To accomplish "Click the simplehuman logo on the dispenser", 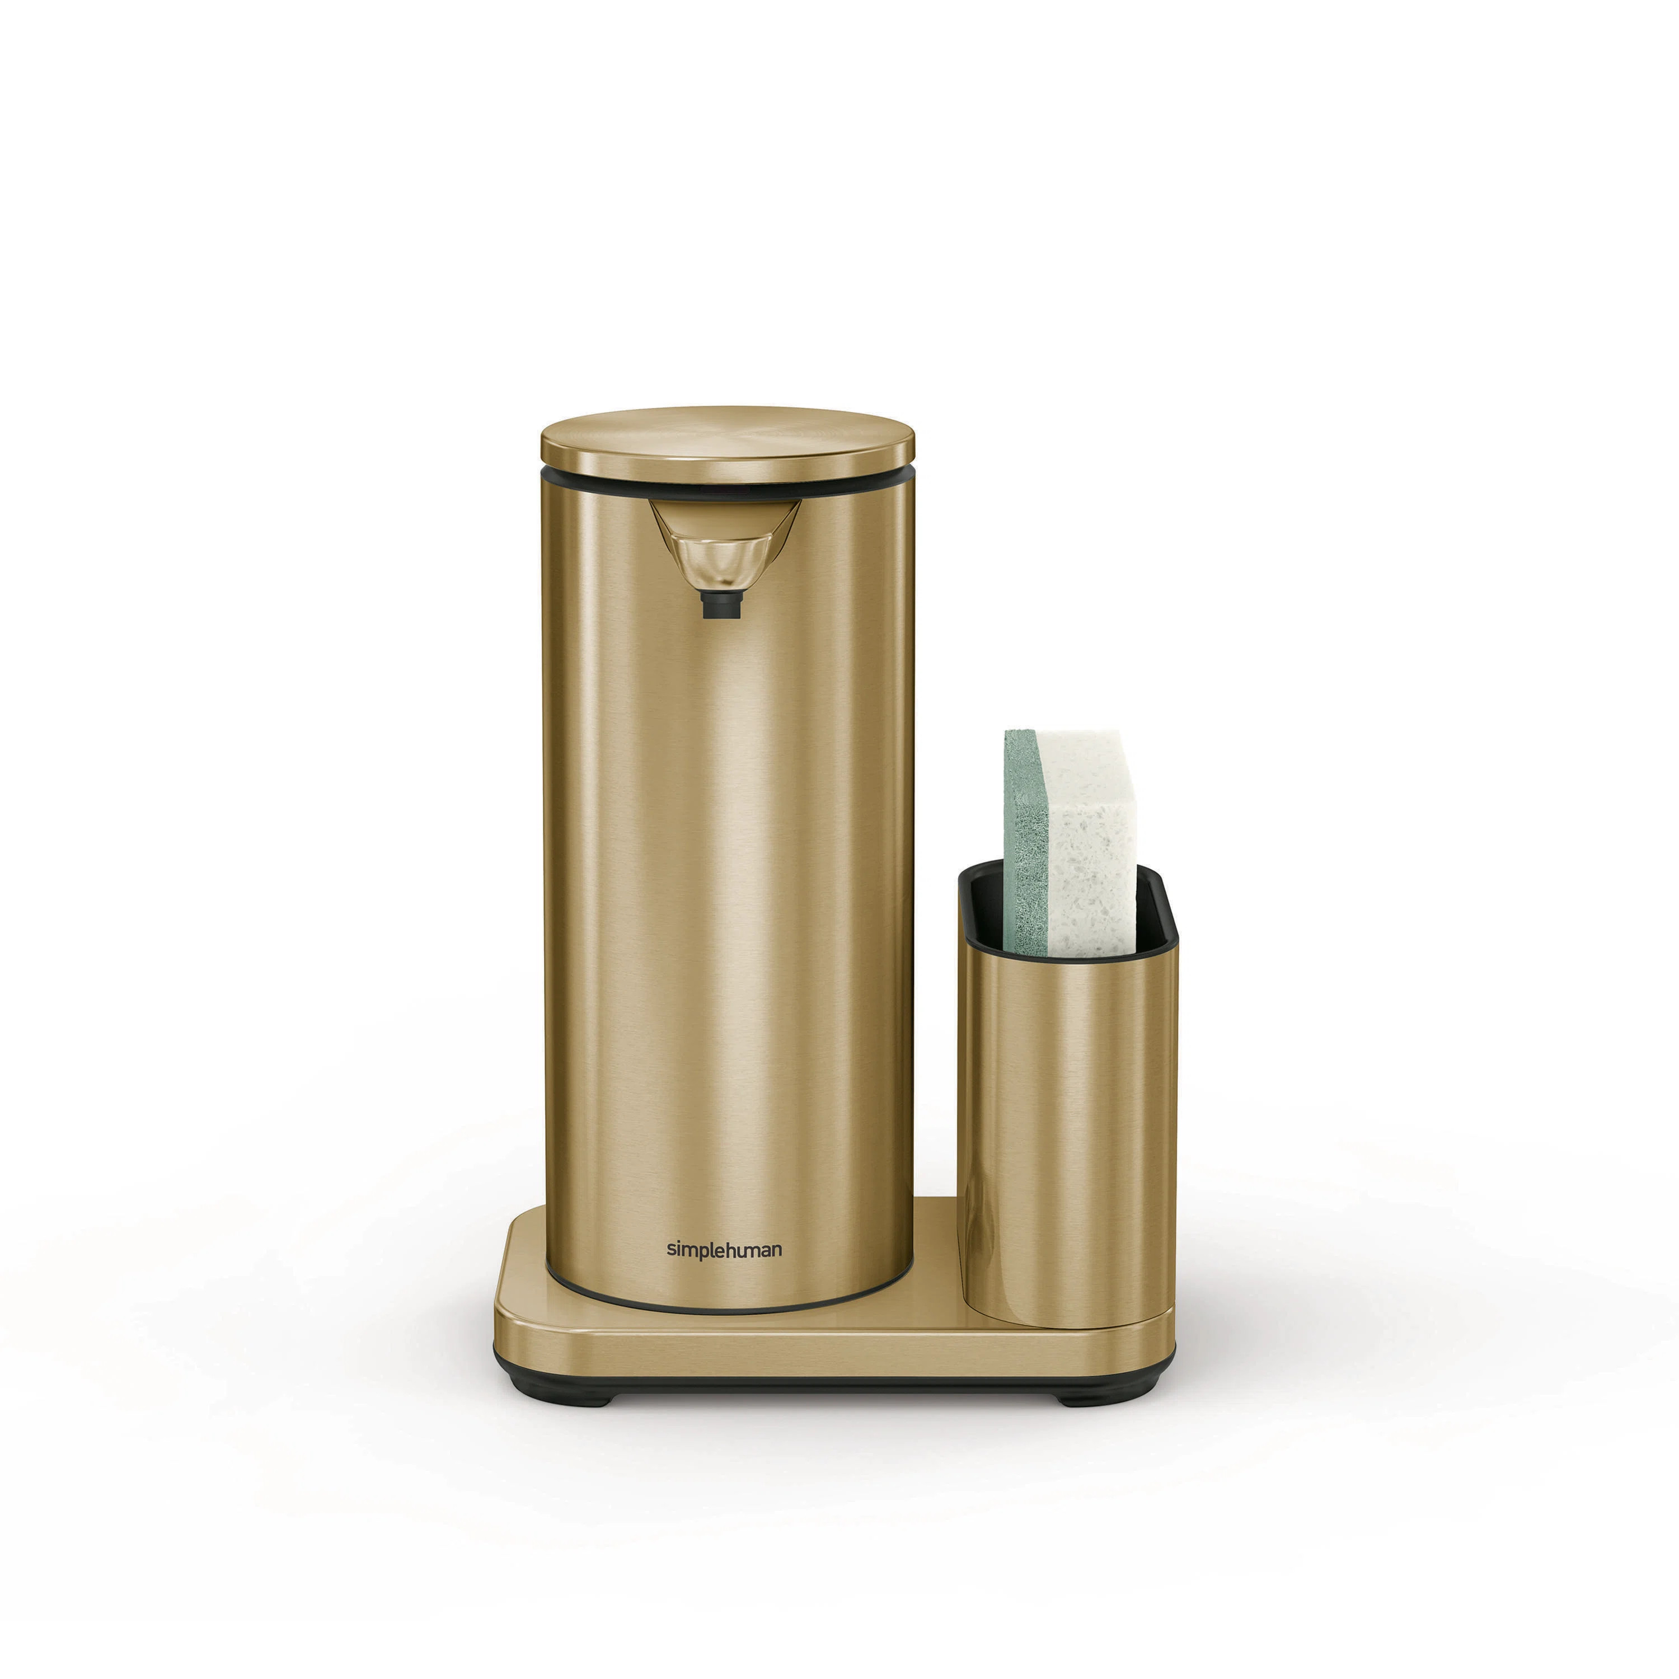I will click(724, 1250).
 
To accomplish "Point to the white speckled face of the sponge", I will click(1091, 869).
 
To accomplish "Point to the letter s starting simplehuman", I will click(670, 1250).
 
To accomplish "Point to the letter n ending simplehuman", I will click(776, 1250).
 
